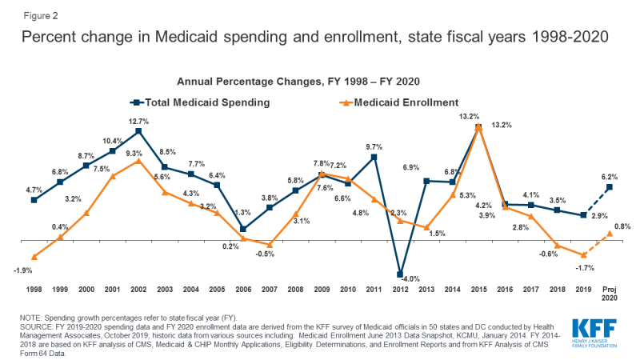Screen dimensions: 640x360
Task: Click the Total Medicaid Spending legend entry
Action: pyautogui.click(x=200, y=102)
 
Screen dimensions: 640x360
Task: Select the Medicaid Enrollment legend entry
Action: pyautogui.click(x=398, y=102)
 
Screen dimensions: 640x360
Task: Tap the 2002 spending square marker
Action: pyautogui.click(x=138, y=131)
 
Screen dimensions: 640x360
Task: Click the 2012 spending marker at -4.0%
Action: pyautogui.click(x=400, y=274)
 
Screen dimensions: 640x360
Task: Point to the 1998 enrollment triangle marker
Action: pyautogui.click(x=34, y=257)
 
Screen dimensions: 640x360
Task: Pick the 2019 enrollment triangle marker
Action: pyautogui.click(x=584, y=255)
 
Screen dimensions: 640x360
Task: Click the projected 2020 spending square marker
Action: pyautogui.click(x=610, y=187)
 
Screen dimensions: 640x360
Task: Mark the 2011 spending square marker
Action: pyautogui.click(x=374, y=157)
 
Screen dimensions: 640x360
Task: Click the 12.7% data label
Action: pyautogui.click(x=138, y=122)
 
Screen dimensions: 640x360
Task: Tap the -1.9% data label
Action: pyautogui.click(x=23, y=270)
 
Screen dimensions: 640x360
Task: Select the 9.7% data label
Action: pyautogui.click(x=374, y=147)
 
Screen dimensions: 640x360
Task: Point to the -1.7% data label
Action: pyautogui.click(x=585, y=268)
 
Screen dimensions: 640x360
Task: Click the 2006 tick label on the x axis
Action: pyautogui.click(x=243, y=290)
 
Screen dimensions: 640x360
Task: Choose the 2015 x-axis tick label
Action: pyautogui.click(x=478, y=290)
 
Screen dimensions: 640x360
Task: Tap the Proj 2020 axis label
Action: pyautogui.click(x=610, y=294)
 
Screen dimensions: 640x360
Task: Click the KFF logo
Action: pyautogui.click(x=594, y=334)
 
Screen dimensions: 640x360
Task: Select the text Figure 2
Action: pyautogui.click(x=41, y=16)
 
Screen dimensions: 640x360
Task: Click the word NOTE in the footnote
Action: pyautogui.click(x=30, y=318)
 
